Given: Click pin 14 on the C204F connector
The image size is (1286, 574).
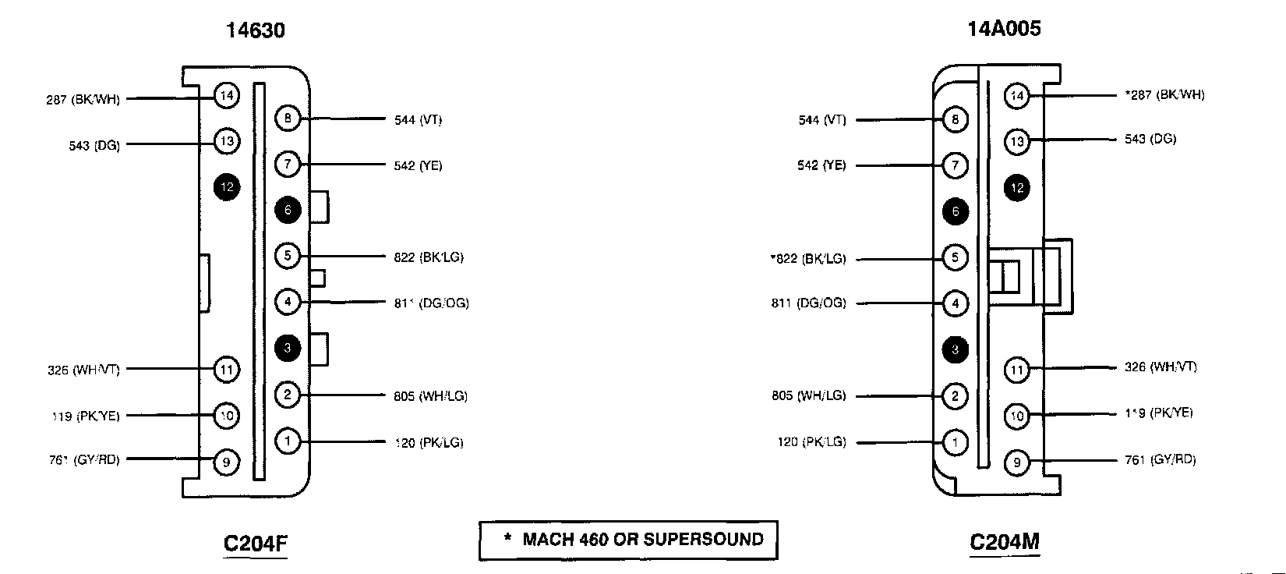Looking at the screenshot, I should coord(226,96).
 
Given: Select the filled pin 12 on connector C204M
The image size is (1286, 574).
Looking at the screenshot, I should coord(1016,188).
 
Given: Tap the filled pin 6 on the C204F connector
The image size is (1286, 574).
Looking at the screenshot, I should coord(288,210).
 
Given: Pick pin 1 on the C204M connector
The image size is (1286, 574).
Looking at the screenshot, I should coord(956,442).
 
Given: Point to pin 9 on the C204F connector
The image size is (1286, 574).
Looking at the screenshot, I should coord(226,462).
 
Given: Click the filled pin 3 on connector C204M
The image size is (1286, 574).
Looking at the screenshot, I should coord(956,350).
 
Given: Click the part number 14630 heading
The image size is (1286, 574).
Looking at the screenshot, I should coord(255,30).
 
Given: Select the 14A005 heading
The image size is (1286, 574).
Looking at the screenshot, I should coord(1004,29).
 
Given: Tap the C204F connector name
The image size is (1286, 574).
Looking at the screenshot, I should coord(256,543).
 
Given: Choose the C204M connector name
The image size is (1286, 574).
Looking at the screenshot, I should coord(1004,542).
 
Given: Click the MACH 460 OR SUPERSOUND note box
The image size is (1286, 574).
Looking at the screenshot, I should coord(628,540).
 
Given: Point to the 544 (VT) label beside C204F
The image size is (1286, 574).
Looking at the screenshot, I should coord(418,120).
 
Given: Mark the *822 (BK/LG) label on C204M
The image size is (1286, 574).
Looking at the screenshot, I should coord(807,259).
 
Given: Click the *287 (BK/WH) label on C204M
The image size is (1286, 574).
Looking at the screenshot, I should coord(1164,95).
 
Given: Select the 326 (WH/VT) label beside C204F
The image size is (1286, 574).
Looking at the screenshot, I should coord(83,370).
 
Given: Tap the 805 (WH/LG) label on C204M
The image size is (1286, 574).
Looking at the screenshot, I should coord(808,396).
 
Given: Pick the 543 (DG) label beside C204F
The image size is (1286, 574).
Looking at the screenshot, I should coord(94,146).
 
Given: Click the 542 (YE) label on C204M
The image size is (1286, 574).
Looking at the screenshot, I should coord(821,165).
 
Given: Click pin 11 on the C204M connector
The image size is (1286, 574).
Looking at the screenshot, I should coord(1016,370).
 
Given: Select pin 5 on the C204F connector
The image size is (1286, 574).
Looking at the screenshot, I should coord(288,256).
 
